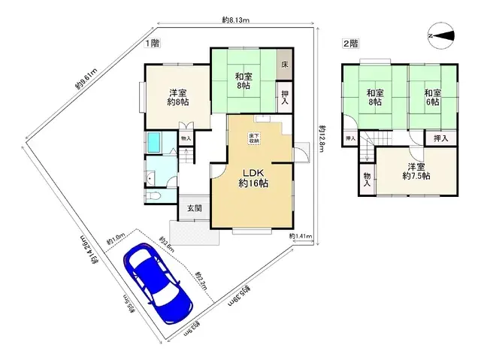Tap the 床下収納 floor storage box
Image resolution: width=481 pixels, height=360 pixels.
[x=254, y=137]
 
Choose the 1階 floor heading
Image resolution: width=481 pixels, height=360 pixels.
[x=151, y=43]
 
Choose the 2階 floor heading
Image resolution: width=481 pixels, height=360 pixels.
[x=351, y=43]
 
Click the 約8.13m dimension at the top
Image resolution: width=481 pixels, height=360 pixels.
[x=236, y=20]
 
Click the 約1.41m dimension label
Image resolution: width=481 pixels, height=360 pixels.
[x=301, y=237]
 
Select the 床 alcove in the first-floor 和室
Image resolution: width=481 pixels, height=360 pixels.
[x=285, y=65]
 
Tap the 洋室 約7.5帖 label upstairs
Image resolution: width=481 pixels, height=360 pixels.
[x=416, y=171]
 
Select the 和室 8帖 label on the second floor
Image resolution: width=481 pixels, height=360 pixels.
[x=376, y=97]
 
